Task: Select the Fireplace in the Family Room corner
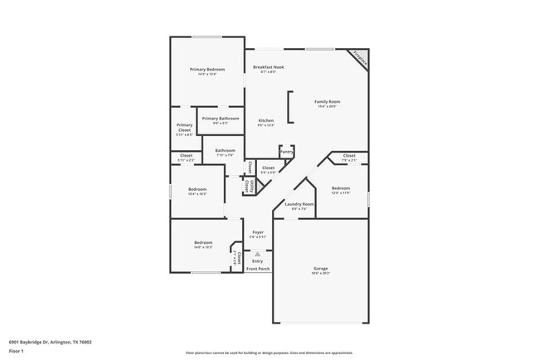tap(359, 56)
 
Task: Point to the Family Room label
tap(327, 101)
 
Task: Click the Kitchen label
tap(265, 120)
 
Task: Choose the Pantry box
tap(286, 152)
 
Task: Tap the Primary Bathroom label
tap(221, 119)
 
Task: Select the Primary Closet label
tap(184, 128)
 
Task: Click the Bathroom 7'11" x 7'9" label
tap(226, 150)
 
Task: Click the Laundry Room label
tap(299, 204)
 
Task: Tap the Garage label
tap(320, 269)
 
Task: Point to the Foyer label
tap(258, 232)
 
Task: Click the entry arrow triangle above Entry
tap(258, 254)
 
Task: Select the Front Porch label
tap(258, 269)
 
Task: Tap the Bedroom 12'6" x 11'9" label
tap(341, 188)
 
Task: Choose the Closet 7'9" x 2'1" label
tap(349, 156)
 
